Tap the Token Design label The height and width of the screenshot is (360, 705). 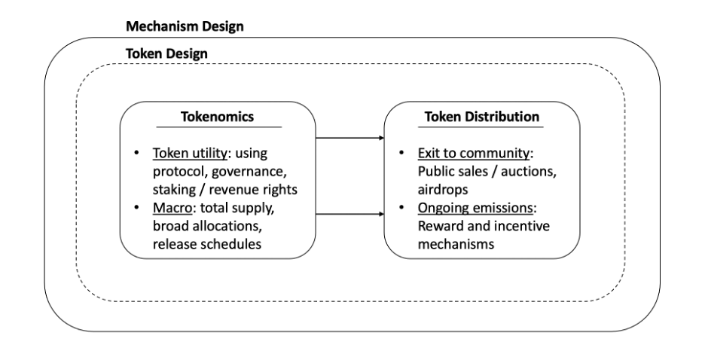pos(166,55)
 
